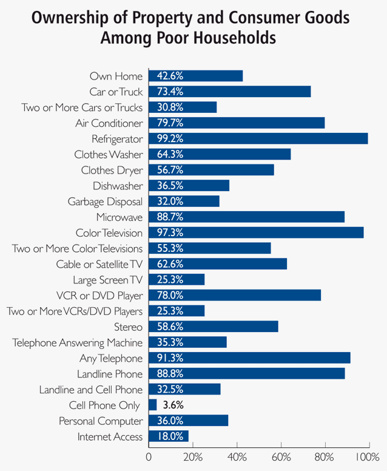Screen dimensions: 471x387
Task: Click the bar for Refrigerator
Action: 258,138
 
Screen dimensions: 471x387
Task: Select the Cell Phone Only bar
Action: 152,405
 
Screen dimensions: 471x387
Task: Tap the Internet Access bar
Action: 168,436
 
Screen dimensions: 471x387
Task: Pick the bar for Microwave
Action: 246,217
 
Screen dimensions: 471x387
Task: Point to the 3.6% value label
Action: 173,405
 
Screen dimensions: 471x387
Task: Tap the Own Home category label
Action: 116,76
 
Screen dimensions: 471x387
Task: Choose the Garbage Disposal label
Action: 106,201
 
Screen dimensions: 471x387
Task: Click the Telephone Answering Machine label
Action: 78,342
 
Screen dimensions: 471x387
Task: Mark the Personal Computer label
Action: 101,421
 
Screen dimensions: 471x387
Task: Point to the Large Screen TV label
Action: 108,280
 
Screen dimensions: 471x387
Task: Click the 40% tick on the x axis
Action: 237,456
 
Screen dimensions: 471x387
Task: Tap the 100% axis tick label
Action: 368,456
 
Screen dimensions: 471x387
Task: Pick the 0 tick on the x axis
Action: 149,456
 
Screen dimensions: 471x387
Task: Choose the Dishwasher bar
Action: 189,186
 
